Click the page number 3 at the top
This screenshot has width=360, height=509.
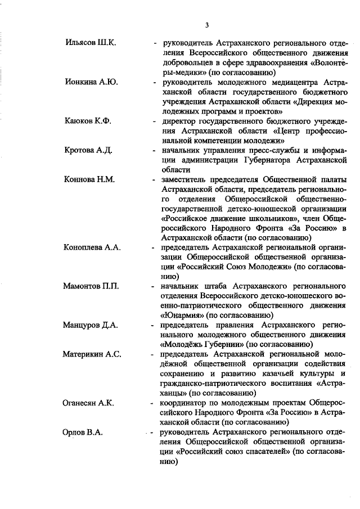pyautogui.click(x=207, y=25)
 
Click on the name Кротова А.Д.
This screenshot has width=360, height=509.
pyautogui.click(x=89, y=150)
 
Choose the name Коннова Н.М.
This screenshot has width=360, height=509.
pyautogui.click(x=89, y=180)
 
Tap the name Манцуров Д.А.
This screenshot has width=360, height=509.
pyautogui.click(x=91, y=326)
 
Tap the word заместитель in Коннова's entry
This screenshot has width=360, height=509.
pyautogui.click(x=186, y=180)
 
